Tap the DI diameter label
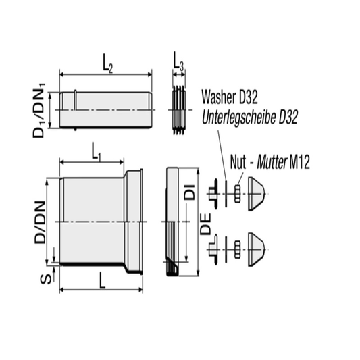tap(190, 190)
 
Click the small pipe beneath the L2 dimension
tap(105, 109)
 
